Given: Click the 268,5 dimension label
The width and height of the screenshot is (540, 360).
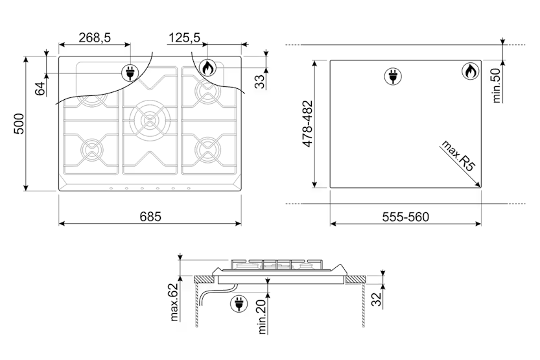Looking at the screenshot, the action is click(95, 37).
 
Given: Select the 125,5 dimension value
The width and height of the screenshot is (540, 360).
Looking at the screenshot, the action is click(184, 37).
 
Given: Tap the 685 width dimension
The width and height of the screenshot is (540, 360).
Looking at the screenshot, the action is click(150, 217).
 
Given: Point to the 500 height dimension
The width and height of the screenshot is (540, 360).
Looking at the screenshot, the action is click(19, 123).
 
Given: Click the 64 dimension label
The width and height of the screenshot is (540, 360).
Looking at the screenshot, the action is click(40, 88).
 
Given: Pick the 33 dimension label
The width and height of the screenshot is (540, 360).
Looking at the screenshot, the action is click(260, 81).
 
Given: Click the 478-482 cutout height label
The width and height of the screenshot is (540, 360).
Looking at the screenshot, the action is click(307, 124).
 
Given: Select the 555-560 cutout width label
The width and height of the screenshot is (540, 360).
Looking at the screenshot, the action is click(406, 217).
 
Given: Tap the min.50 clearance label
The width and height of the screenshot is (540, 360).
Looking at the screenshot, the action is click(496, 86).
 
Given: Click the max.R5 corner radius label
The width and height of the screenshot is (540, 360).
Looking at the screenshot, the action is click(458, 156).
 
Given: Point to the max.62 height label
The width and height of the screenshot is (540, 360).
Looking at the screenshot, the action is click(174, 302).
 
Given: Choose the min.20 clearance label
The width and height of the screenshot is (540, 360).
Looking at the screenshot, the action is click(262, 317).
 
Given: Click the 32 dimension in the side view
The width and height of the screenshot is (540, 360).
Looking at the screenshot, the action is click(377, 298).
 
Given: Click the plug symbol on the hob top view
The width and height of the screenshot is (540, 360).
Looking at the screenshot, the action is click(130, 73).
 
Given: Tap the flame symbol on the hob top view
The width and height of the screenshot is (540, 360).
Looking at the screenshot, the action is click(208, 67).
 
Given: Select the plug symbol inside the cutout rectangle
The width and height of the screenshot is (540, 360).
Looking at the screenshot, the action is click(393, 76).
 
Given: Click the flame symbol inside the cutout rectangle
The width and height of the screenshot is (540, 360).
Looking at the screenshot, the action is click(470, 71).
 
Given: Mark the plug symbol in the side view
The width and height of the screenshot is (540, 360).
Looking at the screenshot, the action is click(239, 304).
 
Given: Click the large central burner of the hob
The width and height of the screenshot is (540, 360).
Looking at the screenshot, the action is click(150, 119).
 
